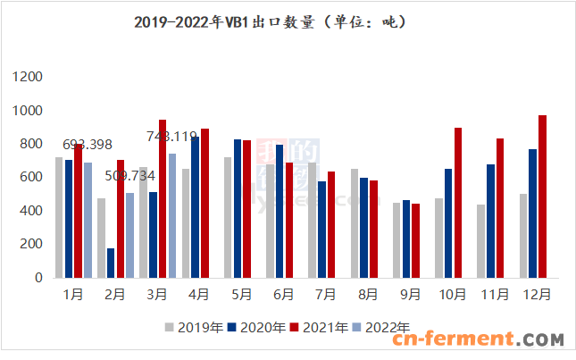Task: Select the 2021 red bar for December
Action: click(x=542, y=197)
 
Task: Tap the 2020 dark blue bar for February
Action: click(x=111, y=263)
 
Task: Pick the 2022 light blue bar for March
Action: click(x=171, y=215)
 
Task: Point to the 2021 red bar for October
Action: click(x=458, y=203)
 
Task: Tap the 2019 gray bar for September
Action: click(x=397, y=239)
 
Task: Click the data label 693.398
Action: click(x=88, y=145)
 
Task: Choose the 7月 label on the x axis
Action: click(x=326, y=294)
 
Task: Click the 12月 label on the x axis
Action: click(x=535, y=294)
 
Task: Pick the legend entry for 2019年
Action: click(x=195, y=328)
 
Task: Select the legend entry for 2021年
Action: click(x=320, y=328)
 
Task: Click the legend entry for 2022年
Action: click(x=383, y=328)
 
